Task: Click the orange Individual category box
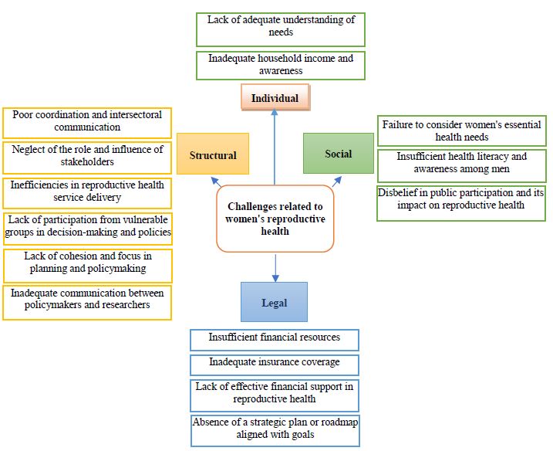pyautogui.click(x=275, y=98)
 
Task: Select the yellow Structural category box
pyautogui.click(x=213, y=155)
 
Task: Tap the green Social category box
pyautogui.click(x=338, y=154)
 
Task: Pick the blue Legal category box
pyautogui.click(x=274, y=302)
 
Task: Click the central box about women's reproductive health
pyautogui.click(x=275, y=219)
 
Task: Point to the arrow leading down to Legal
pyautogui.click(x=275, y=267)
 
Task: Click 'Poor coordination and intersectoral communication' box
pyautogui.click(x=87, y=121)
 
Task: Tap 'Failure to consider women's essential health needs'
pyautogui.click(x=462, y=131)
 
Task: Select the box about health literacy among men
pyautogui.click(x=462, y=164)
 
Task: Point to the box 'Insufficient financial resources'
pyautogui.click(x=274, y=339)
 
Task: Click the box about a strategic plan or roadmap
pyautogui.click(x=274, y=429)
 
